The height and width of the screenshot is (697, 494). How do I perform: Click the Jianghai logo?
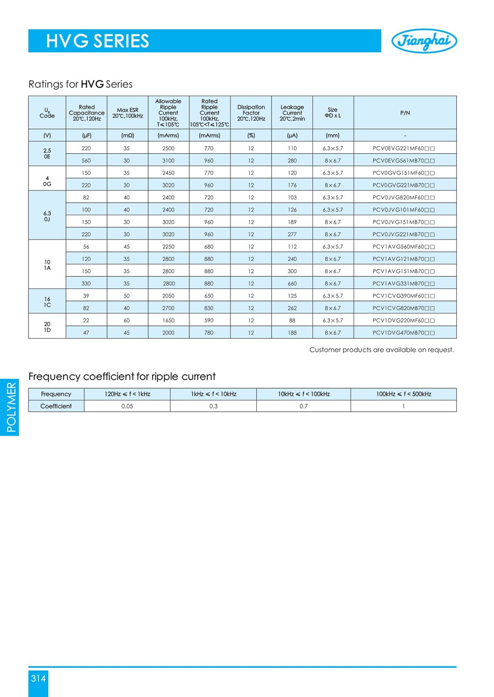click(x=424, y=41)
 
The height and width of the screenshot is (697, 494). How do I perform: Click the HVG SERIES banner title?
click(x=98, y=41)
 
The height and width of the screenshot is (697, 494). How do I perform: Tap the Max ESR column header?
click(x=127, y=113)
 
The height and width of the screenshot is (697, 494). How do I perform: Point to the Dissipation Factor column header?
click(x=251, y=113)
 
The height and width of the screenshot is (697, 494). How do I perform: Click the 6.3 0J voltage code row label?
click(x=47, y=215)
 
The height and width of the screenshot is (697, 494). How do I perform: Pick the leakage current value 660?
click(x=292, y=283)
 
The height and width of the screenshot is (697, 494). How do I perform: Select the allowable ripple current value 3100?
click(x=169, y=160)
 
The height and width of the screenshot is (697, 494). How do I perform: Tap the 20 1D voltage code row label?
click(x=47, y=327)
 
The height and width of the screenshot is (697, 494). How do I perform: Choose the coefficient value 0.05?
click(x=127, y=406)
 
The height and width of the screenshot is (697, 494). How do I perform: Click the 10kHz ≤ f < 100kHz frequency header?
click(x=303, y=394)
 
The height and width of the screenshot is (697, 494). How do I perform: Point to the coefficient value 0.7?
click(x=303, y=406)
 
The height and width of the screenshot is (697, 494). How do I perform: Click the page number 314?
click(x=38, y=679)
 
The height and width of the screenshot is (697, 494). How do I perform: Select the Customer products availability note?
click(x=381, y=350)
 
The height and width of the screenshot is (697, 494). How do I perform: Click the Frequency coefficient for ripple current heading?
click(x=122, y=377)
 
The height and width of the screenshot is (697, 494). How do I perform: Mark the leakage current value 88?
click(x=292, y=320)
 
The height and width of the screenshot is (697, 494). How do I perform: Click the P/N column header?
click(x=405, y=113)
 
